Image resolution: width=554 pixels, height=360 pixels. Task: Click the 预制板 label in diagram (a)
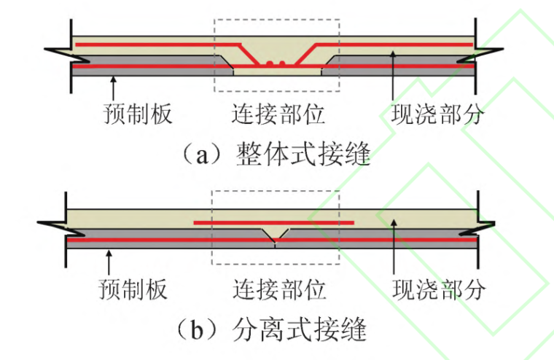tap(137, 114)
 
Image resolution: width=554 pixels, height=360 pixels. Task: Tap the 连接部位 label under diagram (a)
tap(278, 114)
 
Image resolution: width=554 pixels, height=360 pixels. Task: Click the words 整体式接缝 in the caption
tap(303, 154)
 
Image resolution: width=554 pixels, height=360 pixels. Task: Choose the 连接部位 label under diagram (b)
tap(278, 289)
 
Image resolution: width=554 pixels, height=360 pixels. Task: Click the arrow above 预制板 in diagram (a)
tap(112, 87)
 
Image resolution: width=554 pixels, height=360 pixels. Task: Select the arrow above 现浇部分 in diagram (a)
tap(394, 73)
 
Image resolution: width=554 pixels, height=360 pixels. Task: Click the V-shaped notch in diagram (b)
tap(275, 234)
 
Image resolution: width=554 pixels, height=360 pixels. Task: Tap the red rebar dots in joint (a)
tap(275, 64)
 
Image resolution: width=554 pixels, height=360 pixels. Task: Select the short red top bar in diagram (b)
tap(273, 222)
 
